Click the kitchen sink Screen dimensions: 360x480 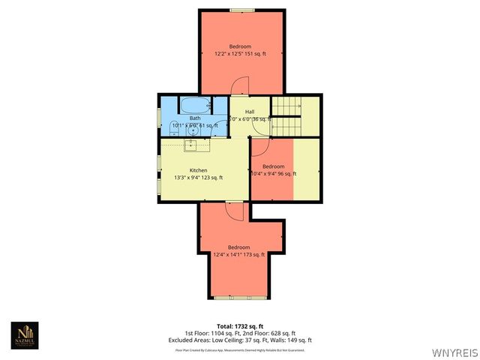(190, 144)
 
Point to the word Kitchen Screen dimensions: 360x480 (198, 170)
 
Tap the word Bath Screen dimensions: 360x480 (195, 118)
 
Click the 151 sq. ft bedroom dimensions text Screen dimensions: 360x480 (240, 53)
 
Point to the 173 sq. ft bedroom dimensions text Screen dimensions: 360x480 (240, 254)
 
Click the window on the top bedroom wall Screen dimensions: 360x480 (241, 10)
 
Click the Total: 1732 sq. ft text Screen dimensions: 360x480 (240, 327)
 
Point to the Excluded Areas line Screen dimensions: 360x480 (240, 340)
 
